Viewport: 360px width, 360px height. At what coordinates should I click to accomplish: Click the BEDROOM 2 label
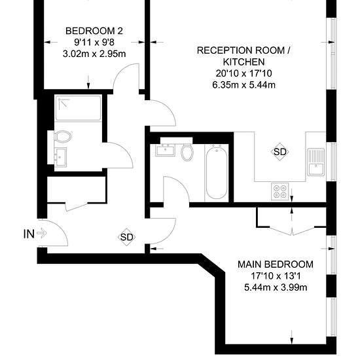point(94,31)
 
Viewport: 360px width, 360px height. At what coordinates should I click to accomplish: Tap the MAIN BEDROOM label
point(276,264)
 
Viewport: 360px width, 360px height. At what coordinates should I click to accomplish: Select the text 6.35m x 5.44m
point(244,85)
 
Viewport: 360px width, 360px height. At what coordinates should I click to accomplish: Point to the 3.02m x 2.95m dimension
point(94,54)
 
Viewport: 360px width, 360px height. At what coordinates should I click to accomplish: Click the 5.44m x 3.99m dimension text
point(276,287)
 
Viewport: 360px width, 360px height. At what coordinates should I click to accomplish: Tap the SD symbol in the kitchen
point(280,152)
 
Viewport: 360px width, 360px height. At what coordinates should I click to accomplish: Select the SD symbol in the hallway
point(127,237)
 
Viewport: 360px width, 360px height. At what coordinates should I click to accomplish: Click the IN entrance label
point(29,234)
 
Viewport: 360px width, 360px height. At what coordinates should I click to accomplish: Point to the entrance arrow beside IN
point(42,234)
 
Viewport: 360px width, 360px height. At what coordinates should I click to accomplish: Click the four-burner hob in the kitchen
point(280,192)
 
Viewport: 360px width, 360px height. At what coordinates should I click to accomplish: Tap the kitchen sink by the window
point(316,162)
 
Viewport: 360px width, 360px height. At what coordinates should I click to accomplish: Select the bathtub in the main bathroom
point(217,172)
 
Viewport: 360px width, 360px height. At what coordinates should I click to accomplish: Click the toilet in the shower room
point(63,137)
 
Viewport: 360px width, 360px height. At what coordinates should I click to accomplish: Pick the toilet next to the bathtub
point(187,153)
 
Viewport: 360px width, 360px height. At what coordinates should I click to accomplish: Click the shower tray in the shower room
point(78,108)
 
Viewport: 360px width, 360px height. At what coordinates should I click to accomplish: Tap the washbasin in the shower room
point(60,157)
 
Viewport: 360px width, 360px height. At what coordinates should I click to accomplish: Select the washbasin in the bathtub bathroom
point(166,151)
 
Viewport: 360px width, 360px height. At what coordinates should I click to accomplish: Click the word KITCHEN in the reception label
point(244,62)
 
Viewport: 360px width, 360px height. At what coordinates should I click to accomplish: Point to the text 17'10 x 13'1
point(276,276)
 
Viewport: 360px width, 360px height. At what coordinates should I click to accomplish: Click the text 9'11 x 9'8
point(94,43)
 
